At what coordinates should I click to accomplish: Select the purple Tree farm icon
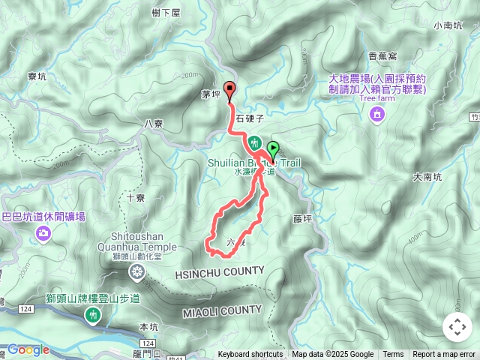point(376,114)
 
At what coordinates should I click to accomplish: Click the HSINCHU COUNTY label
point(220,271)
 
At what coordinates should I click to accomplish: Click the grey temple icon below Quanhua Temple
point(137,271)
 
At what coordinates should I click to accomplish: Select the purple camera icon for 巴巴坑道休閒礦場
point(43,234)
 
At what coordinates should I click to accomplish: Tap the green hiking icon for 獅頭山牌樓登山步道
point(93,316)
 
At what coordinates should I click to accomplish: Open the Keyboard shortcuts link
point(250,355)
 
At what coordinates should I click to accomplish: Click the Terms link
point(393,355)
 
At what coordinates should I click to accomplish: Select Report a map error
point(444,355)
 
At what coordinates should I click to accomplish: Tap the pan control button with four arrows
point(457,327)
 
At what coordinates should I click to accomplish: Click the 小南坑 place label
point(448,25)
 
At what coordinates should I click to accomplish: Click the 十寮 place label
point(136,199)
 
